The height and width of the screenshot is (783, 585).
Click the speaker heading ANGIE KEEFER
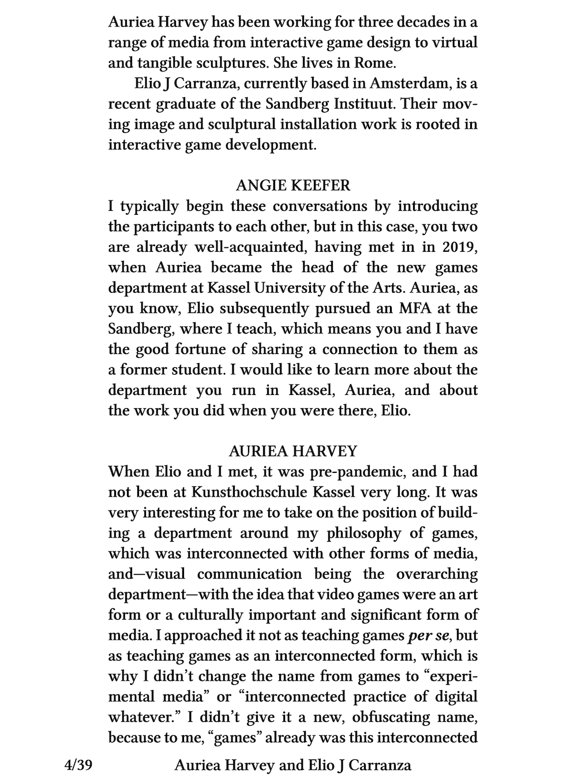(292, 185)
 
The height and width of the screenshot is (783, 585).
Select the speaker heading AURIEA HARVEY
(292, 451)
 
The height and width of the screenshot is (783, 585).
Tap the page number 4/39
(79, 766)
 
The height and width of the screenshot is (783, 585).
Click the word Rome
(374, 63)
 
